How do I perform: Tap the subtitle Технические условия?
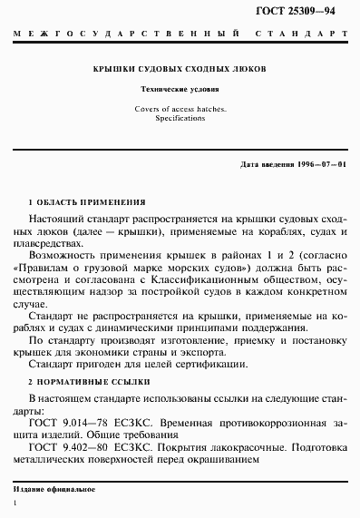[x=180, y=91]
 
